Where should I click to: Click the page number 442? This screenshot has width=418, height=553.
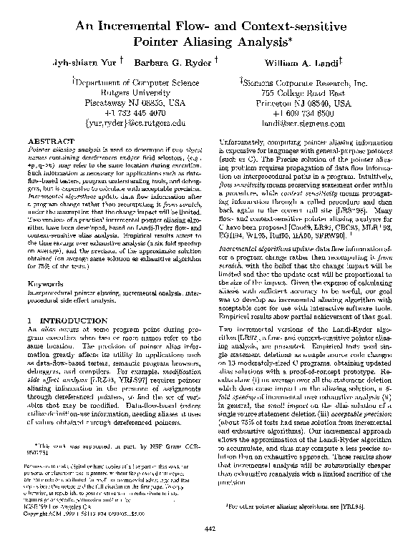209,528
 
